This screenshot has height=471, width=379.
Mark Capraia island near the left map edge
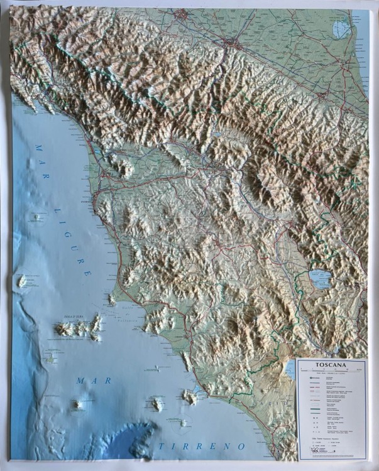(26, 281)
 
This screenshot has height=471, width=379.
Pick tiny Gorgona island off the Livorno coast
(38, 217)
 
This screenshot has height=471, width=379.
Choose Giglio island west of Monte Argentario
(157, 403)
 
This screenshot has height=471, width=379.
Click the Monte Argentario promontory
(189, 396)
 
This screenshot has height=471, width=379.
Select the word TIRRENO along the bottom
(202, 446)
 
